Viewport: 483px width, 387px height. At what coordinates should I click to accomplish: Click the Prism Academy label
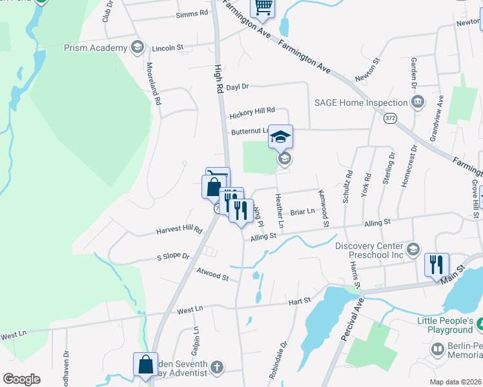click(x=96, y=48)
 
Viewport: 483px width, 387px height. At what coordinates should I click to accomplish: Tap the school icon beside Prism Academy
click(x=136, y=46)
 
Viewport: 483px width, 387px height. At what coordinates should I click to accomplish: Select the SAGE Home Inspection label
click(x=360, y=102)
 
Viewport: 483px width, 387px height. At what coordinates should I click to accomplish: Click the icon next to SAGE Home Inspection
click(x=417, y=102)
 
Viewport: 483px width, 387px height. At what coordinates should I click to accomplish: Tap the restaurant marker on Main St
click(x=436, y=264)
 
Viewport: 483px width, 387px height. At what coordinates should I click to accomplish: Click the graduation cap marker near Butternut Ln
click(x=280, y=137)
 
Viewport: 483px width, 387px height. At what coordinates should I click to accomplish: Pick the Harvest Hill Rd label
click(x=179, y=230)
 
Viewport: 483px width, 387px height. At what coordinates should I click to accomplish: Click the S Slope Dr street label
click(x=173, y=257)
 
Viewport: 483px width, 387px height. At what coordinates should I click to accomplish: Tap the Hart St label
click(x=300, y=300)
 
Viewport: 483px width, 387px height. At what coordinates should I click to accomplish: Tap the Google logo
click(x=21, y=379)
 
